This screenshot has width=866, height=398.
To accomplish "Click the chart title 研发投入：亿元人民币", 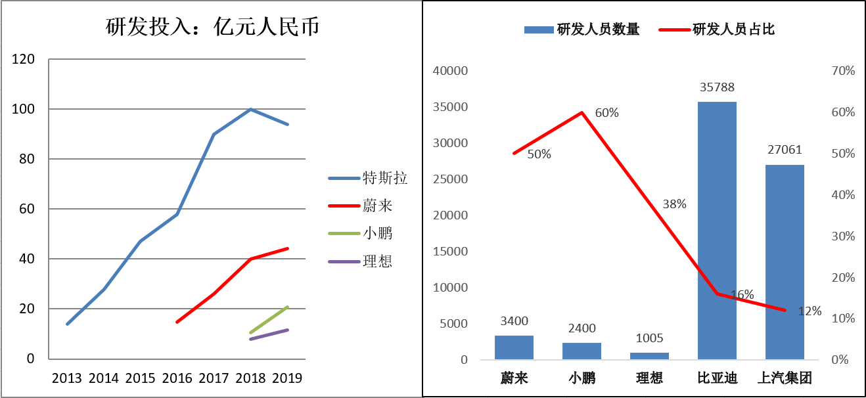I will (212, 27).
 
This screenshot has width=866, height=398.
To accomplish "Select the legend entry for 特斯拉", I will (385, 178).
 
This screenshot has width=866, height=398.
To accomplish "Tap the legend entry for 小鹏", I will (378, 233).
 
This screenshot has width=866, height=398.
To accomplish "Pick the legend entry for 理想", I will (378, 261).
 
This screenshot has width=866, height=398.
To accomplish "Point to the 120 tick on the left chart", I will (24, 59).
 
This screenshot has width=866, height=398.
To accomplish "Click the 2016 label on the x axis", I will (177, 378).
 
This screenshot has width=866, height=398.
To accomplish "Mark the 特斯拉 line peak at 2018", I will (251, 109).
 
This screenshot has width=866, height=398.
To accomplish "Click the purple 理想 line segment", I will (269, 334).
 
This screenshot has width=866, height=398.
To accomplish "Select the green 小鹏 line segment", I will (269, 320).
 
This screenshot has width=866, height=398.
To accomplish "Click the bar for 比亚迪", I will (717, 230).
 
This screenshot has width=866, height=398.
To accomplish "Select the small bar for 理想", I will (649, 356).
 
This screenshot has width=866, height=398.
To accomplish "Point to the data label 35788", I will (717, 87).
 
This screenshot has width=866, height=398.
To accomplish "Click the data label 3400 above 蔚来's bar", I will (514, 321).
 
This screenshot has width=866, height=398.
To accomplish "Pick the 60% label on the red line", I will (606, 113).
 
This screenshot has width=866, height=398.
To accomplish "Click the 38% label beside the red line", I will (674, 204).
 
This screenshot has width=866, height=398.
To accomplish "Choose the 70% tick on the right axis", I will (842, 71).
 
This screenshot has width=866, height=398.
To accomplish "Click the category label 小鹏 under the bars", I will (581, 378).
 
